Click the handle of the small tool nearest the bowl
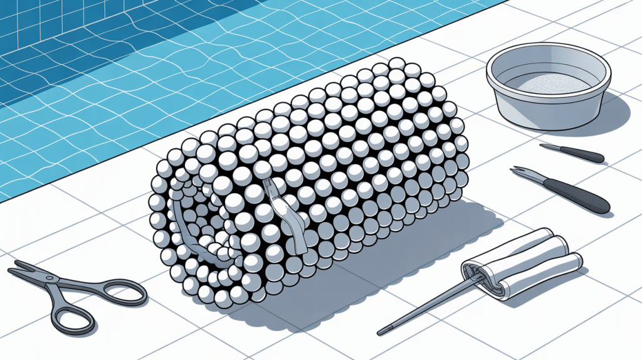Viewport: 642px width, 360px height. click(586, 155)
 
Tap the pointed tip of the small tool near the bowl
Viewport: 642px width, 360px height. click(543, 146)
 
